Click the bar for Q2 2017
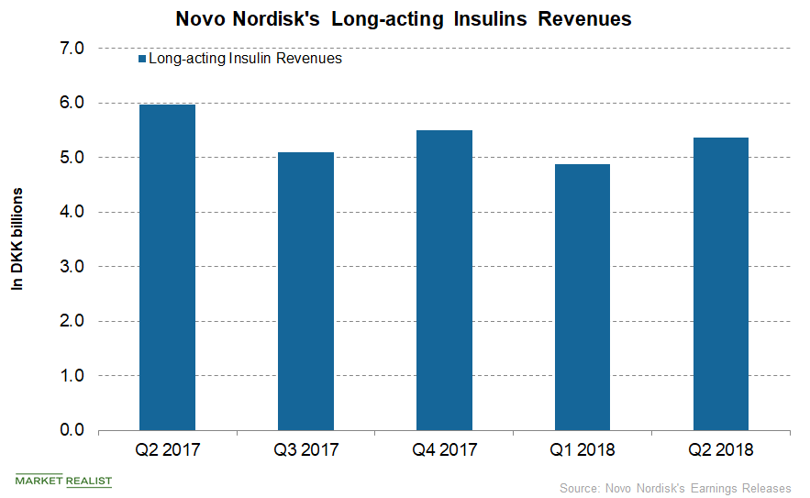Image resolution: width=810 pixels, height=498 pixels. pyautogui.click(x=167, y=268)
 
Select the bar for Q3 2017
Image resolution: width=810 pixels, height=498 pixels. pyautogui.click(x=305, y=292)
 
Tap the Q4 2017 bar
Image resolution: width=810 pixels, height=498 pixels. pyautogui.click(x=444, y=281)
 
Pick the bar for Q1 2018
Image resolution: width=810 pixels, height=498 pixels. pyautogui.click(x=583, y=297)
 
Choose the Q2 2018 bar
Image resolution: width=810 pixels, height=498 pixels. pyautogui.click(x=720, y=284)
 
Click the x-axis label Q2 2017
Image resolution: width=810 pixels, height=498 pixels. pyautogui.click(x=167, y=450)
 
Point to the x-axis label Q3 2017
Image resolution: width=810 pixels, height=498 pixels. pyautogui.click(x=305, y=450)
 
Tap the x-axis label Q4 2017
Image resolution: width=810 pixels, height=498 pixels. pyautogui.click(x=444, y=450)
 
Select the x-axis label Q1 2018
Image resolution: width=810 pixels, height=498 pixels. pyautogui.click(x=583, y=450)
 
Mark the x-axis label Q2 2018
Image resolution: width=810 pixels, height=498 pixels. pyautogui.click(x=720, y=450)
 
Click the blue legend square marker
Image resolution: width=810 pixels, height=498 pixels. pyautogui.click(x=140, y=59)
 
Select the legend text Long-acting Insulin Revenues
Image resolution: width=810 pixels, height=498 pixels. pyautogui.click(x=245, y=59)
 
